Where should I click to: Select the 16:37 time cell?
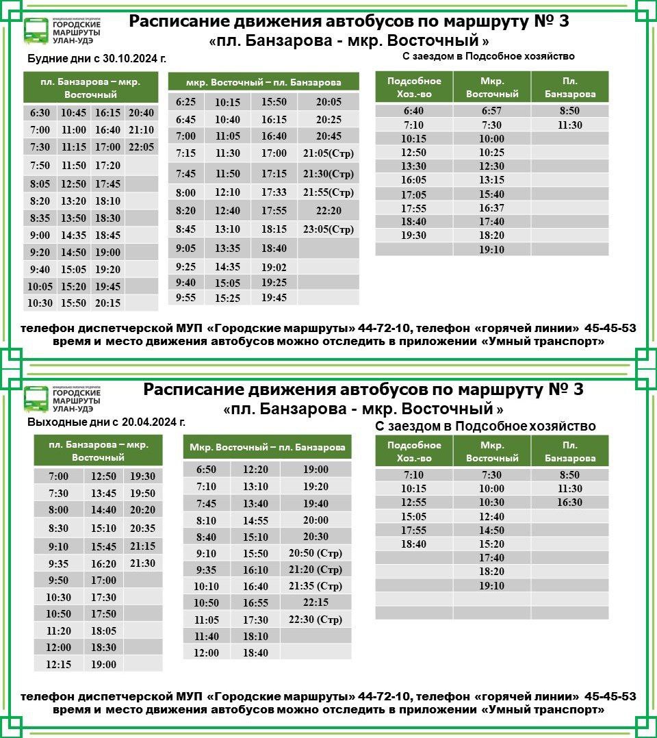(491, 208)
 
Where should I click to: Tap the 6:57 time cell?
(491, 111)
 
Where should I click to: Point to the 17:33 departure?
(274, 192)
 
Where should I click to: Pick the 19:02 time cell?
(274, 268)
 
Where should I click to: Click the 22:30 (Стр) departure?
(315, 620)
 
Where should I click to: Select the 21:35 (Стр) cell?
(315, 586)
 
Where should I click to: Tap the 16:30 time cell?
(569, 502)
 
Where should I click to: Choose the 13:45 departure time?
(103, 494)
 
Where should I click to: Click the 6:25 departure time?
(185, 102)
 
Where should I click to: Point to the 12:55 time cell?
(413, 502)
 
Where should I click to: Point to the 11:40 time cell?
(206, 637)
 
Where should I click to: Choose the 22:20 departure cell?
(328, 211)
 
